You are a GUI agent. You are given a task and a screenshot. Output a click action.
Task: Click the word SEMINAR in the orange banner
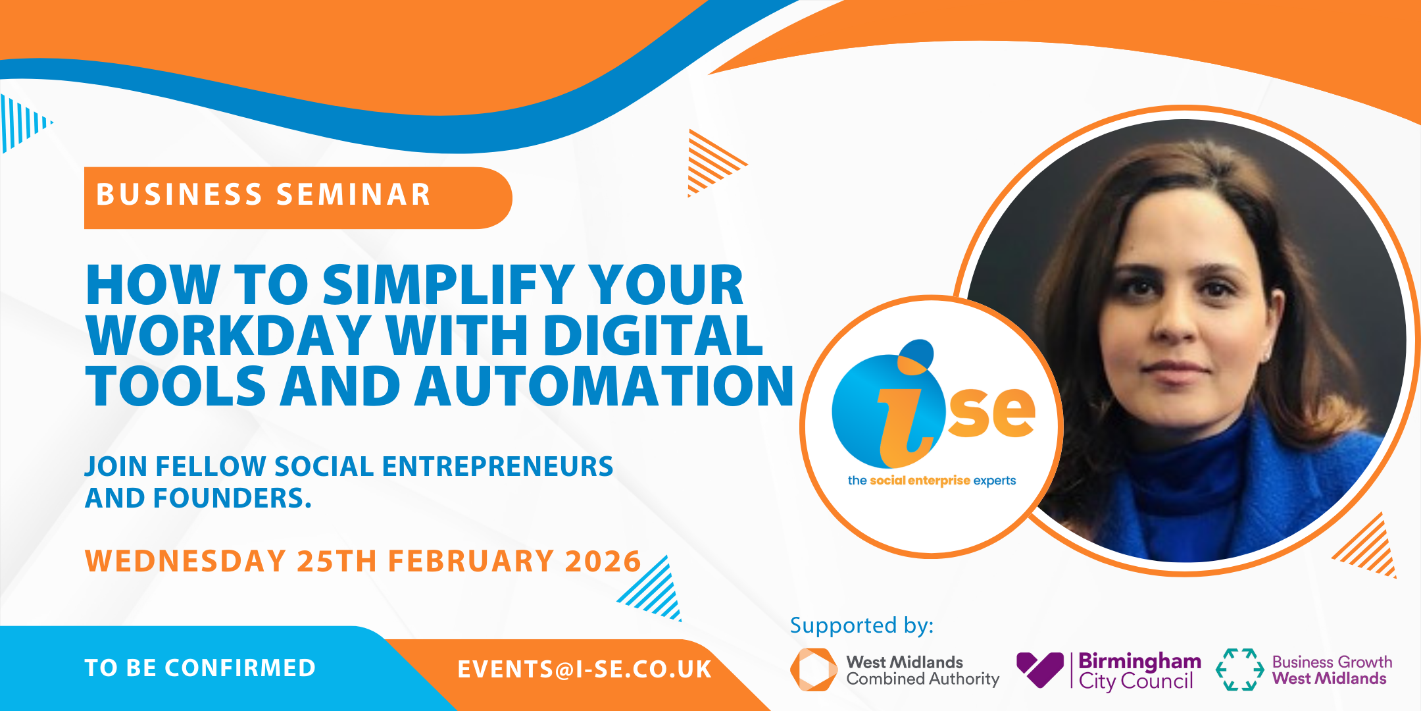click(x=353, y=195)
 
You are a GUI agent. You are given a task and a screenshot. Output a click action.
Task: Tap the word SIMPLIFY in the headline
click(x=448, y=286)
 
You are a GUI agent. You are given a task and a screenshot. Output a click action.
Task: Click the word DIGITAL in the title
click(x=653, y=335)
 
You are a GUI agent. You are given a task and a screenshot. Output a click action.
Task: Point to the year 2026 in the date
click(x=603, y=562)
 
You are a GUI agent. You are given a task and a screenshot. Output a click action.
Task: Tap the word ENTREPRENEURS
click(x=497, y=467)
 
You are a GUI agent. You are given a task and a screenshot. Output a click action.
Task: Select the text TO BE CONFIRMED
click(x=200, y=668)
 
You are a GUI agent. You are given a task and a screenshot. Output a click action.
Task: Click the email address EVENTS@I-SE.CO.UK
click(x=584, y=670)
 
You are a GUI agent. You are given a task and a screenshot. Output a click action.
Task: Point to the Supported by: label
click(x=862, y=625)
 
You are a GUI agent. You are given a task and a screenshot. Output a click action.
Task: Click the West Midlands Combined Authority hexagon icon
click(x=813, y=670)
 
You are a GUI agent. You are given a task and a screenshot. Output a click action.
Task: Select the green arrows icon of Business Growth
click(x=1239, y=670)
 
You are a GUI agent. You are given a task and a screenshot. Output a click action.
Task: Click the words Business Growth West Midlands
click(x=1332, y=670)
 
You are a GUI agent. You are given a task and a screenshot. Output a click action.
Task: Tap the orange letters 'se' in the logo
click(x=992, y=413)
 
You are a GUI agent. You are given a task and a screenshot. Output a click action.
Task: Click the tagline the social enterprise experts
click(x=932, y=481)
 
